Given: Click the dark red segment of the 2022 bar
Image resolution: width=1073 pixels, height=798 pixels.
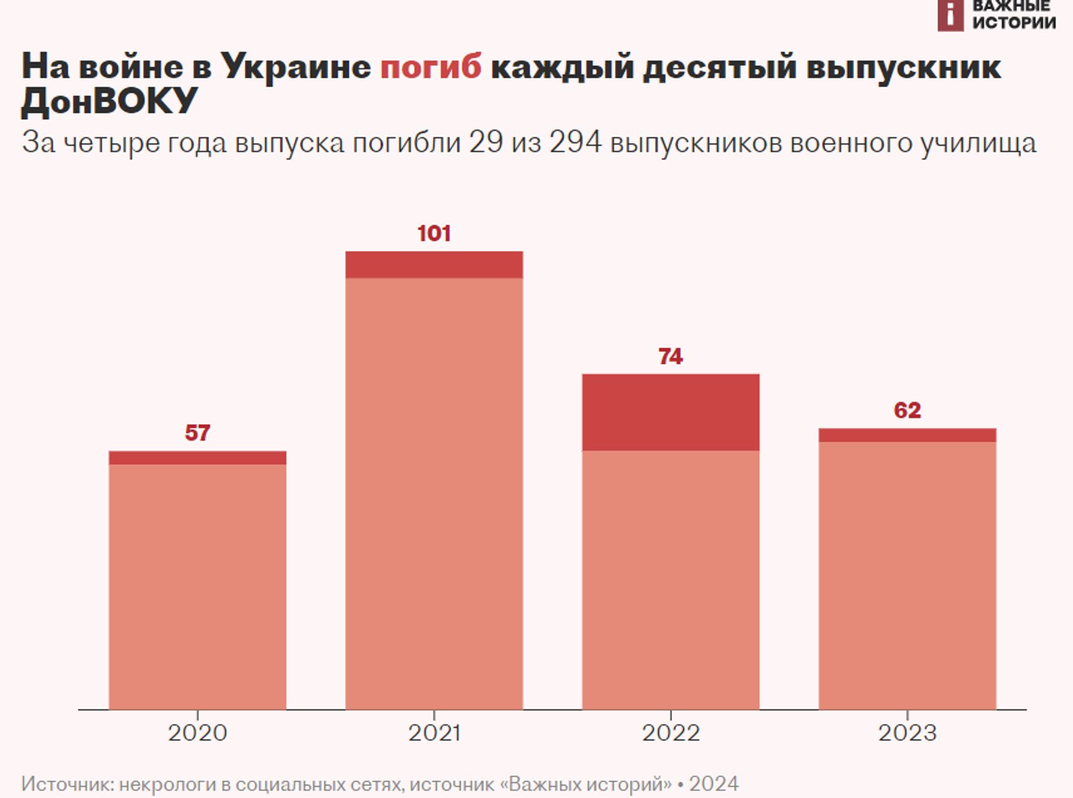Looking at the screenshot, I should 670,412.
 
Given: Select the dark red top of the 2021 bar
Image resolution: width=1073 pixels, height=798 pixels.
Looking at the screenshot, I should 434,265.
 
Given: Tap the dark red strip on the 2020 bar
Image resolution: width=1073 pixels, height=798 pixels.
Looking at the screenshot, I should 197,458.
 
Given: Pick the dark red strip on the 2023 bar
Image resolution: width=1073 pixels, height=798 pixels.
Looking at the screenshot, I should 907,435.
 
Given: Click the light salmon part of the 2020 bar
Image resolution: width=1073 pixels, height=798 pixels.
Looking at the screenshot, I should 197,587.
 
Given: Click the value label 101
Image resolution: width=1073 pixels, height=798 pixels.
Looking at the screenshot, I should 434,233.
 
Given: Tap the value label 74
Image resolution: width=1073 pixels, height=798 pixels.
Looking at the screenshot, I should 670,356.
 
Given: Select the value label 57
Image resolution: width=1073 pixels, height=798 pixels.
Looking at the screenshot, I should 197,433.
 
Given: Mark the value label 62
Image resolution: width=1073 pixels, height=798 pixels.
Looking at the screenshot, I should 907,410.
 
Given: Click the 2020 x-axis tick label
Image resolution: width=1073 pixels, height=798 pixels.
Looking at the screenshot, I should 197,733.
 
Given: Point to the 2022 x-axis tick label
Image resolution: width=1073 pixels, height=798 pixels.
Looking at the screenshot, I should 670,733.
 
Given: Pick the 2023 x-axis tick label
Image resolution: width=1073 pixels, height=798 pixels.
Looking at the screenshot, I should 907,733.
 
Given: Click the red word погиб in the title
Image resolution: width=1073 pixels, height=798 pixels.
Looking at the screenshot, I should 430,67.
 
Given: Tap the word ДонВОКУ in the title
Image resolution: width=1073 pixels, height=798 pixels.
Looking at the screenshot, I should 109,100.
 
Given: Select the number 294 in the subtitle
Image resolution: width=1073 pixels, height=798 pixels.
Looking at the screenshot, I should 575,142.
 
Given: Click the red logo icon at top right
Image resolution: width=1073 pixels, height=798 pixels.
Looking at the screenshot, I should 950,15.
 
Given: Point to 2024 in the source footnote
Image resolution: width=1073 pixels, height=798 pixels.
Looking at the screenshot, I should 713,784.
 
